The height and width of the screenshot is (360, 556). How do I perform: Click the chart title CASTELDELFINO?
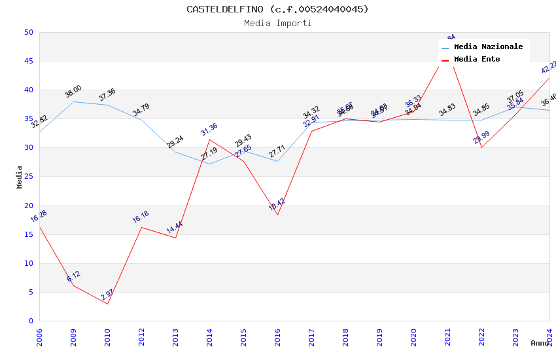click(277, 9)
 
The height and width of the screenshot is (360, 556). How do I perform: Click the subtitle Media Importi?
click(277, 24)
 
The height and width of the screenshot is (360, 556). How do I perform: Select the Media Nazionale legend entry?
click(488, 47)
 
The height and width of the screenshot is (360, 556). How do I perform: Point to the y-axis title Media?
click(20, 177)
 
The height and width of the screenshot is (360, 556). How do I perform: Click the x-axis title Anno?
click(540, 343)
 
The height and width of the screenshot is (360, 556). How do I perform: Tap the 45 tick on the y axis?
click(28, 62)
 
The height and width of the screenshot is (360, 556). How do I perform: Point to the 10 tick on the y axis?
click(28, 264)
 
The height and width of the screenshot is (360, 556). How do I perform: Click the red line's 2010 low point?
click(107, 304)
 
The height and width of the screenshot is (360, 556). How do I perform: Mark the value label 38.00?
click(73, 92)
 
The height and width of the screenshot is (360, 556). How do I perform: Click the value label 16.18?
click(141, 217)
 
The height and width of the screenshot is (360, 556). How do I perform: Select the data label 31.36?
click(209, 130)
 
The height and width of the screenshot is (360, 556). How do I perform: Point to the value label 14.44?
click(175, 228)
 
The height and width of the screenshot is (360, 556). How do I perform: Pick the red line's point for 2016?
click(277, 215)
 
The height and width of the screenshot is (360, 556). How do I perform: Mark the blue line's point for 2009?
click(73, 101)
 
